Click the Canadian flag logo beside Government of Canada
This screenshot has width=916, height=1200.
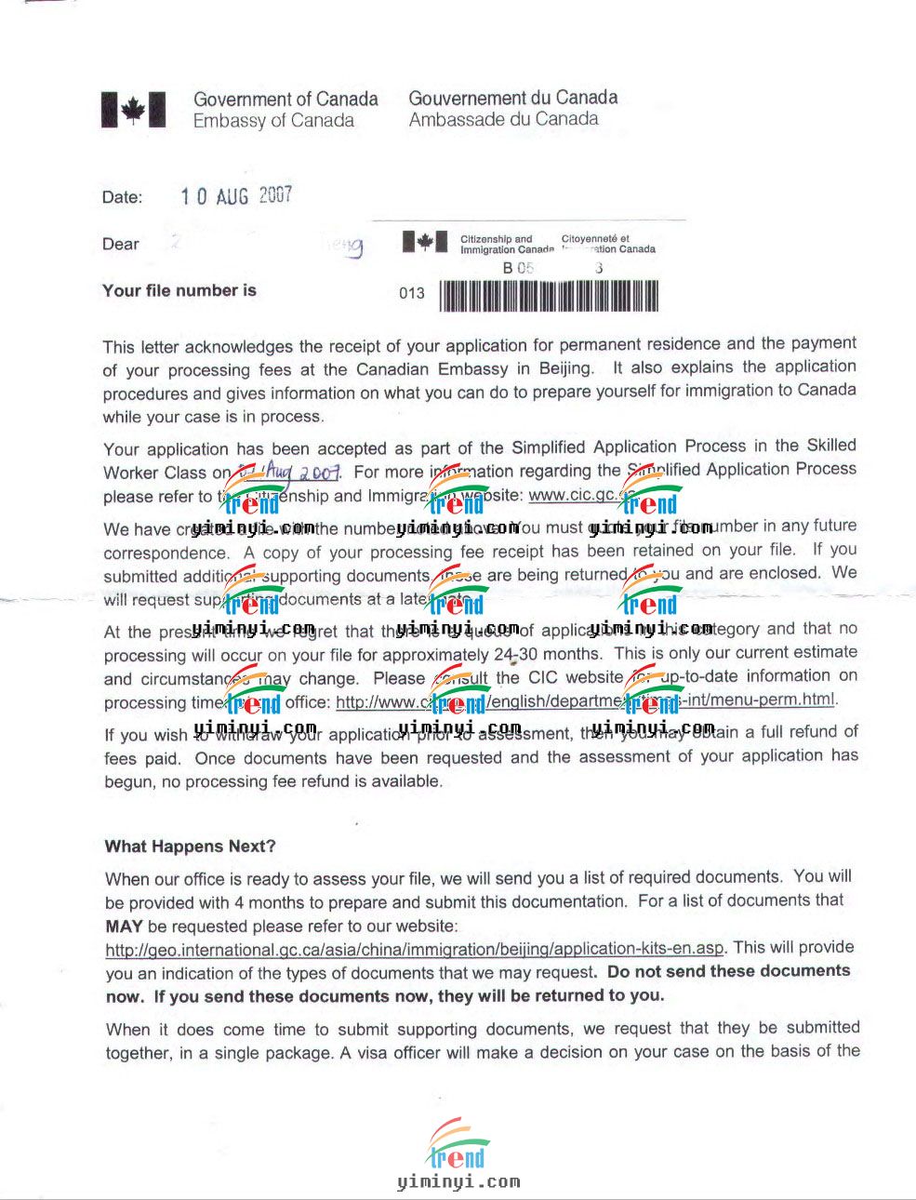(x=133, y=110)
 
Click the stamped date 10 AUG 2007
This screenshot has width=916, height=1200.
(x=236, y=195)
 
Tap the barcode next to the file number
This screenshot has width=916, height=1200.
(x=549, y=296)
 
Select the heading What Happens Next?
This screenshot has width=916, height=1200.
(x=191, y=847)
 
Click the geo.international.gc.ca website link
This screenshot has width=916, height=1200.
(x=414, y=949)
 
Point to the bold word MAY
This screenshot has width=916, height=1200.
(x=124, y=927)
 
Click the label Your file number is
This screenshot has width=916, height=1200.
(x=179, y=290)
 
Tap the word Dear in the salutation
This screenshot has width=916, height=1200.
(x=121, y=245)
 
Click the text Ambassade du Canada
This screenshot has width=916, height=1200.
(x=503, y=119)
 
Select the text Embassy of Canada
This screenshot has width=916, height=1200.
(x=273, y=121)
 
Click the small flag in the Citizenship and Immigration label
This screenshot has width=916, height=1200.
(x=424, y=243)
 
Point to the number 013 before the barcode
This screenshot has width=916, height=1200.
(x=412, y=293)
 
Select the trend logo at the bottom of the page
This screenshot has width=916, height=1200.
(x=458, y=1146)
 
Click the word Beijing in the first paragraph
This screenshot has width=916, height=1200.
(x=564, y=369)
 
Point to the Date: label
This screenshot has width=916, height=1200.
(x=123, y=197)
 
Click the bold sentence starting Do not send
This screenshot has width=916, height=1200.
(x=728, y=971)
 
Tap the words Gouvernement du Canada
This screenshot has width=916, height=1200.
(x=513, y=98)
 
